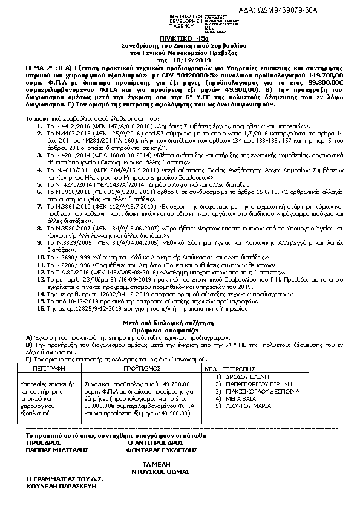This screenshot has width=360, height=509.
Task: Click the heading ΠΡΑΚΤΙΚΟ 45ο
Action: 180,37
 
